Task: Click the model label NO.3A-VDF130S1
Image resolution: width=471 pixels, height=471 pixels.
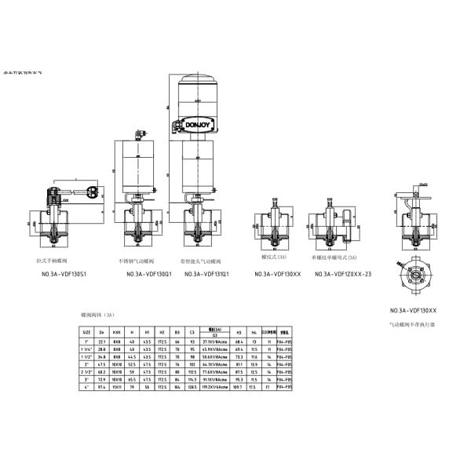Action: (x=63, y=274)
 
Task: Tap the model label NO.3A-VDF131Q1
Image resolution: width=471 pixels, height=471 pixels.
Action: (x=206, y=274)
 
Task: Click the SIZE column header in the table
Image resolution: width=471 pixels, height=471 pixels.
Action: (x=87, y=334)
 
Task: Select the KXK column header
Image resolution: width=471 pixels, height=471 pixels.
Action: (x=117, y=334)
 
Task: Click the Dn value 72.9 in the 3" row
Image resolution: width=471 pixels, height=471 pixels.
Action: (x=102, y=380)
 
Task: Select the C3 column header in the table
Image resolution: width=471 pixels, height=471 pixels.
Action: (x=191, y=334)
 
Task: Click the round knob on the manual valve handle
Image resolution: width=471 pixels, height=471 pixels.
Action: (x=94, y=191)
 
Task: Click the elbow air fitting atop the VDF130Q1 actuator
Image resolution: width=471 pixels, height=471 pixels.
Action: (x=141, y=134)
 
